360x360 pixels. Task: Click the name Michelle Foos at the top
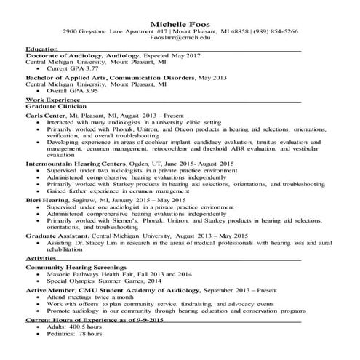pos(180,24)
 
